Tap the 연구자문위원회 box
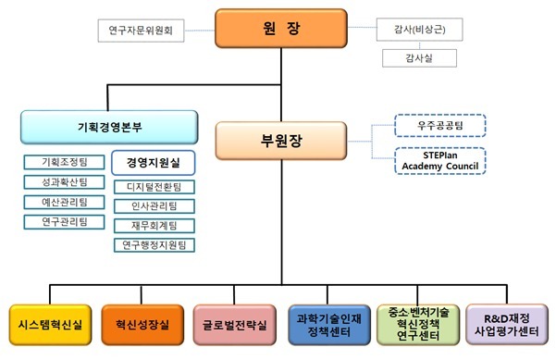click(140, 31)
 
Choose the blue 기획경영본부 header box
click(109, 127)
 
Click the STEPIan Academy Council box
click(440, 159)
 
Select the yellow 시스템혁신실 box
click(47, 325)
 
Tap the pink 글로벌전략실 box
click(234, 325)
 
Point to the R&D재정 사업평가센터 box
click(510, 325)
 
